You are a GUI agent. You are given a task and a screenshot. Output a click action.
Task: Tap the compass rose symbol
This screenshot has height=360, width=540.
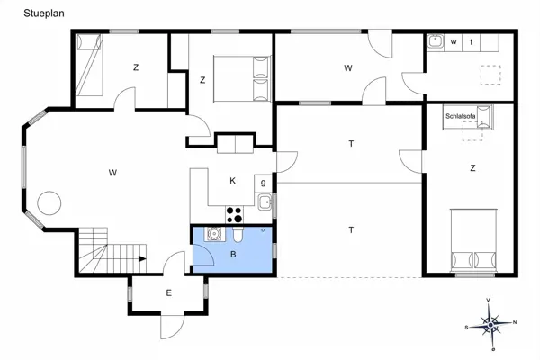coord(490,323)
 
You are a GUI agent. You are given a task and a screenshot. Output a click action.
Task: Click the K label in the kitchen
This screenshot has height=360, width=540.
coord(232,181)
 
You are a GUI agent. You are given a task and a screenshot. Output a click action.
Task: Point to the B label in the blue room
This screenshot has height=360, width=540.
coord(233,255)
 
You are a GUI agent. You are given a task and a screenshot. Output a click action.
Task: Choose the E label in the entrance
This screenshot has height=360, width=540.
coord(168,292)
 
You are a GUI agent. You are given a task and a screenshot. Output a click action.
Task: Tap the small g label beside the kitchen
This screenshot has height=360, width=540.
coord(263,183)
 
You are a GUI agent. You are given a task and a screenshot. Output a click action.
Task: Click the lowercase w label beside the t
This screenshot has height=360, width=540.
coord(454,42)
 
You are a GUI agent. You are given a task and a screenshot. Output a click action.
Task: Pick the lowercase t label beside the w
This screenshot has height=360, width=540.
coord(472,42)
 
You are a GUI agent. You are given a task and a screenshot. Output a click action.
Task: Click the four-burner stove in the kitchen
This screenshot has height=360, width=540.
coord(235,214)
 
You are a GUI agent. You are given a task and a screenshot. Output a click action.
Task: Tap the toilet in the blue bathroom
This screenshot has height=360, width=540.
coord(238,236)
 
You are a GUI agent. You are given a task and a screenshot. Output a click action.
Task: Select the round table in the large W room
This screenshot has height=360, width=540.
coord(48,202)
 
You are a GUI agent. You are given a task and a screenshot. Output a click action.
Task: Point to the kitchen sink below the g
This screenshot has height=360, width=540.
coord(264,202)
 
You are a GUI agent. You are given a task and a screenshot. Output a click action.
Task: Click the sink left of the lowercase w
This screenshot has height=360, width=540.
coord(434,41)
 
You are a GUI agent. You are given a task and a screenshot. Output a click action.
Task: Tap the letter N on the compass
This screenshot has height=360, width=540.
coord(514,322)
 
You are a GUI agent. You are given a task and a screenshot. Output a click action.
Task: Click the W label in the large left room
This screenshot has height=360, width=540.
coord(113,172)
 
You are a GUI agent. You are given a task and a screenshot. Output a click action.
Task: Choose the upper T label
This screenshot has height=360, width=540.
coord(350,144)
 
